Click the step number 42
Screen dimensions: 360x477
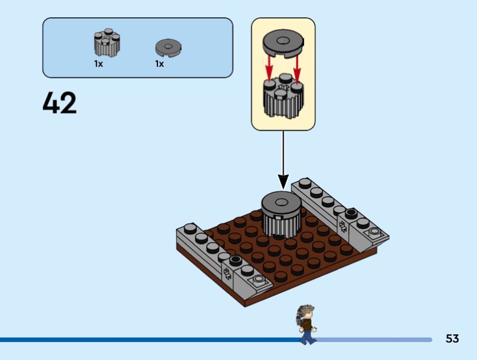pos(60,104)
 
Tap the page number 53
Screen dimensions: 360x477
pos(452,339)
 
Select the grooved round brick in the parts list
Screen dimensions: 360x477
pos(107,44)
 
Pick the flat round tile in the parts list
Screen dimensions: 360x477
pos(168,47)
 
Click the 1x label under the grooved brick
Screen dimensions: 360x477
pos(99,64)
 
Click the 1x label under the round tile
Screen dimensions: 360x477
pos(160,64)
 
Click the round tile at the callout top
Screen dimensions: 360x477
pos(283,44)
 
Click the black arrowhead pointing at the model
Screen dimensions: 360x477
pos(283,181)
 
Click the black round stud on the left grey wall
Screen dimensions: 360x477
pos(236,260)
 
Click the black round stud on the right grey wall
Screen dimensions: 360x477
pos(351,213)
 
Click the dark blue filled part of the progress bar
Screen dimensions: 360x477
pos(149,340)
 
